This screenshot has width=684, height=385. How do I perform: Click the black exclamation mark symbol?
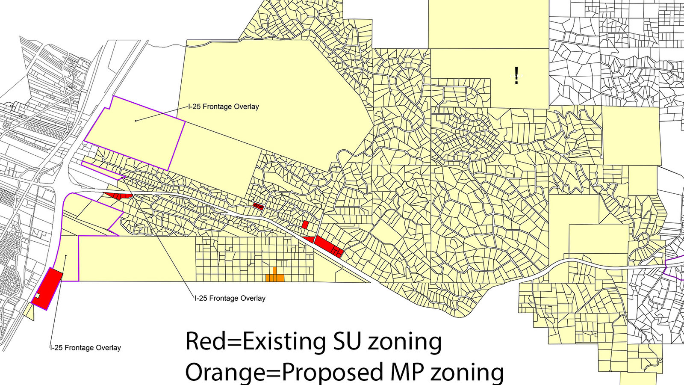[516, 75]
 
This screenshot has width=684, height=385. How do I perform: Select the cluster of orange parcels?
[275, 276]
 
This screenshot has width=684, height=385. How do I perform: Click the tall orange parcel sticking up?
[275, 271]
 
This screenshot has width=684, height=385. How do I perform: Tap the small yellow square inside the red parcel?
[37, 296]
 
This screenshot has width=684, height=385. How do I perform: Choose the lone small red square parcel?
[305, 225]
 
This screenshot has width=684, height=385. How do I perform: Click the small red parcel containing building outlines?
[258, 206]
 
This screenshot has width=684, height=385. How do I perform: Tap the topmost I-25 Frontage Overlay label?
[224, 107]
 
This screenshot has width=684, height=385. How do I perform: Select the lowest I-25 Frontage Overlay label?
[85, 348]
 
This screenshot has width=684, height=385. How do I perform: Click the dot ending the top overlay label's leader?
[136, 121]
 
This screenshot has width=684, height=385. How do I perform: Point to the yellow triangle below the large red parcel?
[29, 312]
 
